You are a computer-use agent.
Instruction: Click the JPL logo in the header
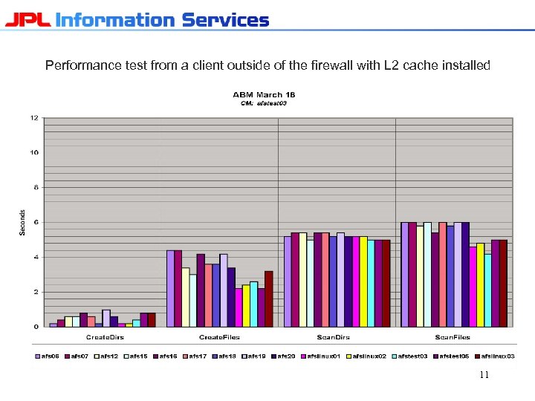(x=27, y=19)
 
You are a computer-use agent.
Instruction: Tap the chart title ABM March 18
(x=264, y=95)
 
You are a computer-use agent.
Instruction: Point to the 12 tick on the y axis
(x=34, y=118)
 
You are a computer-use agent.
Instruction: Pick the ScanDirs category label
(x=337, y=338)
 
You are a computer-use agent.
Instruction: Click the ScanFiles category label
(x=453, y=338)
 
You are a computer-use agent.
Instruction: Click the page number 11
(x=484, y=375)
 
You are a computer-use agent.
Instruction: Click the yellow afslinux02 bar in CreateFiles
(x=246, y=305)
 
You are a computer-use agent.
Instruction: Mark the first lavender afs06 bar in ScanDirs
(x=288, y=281)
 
